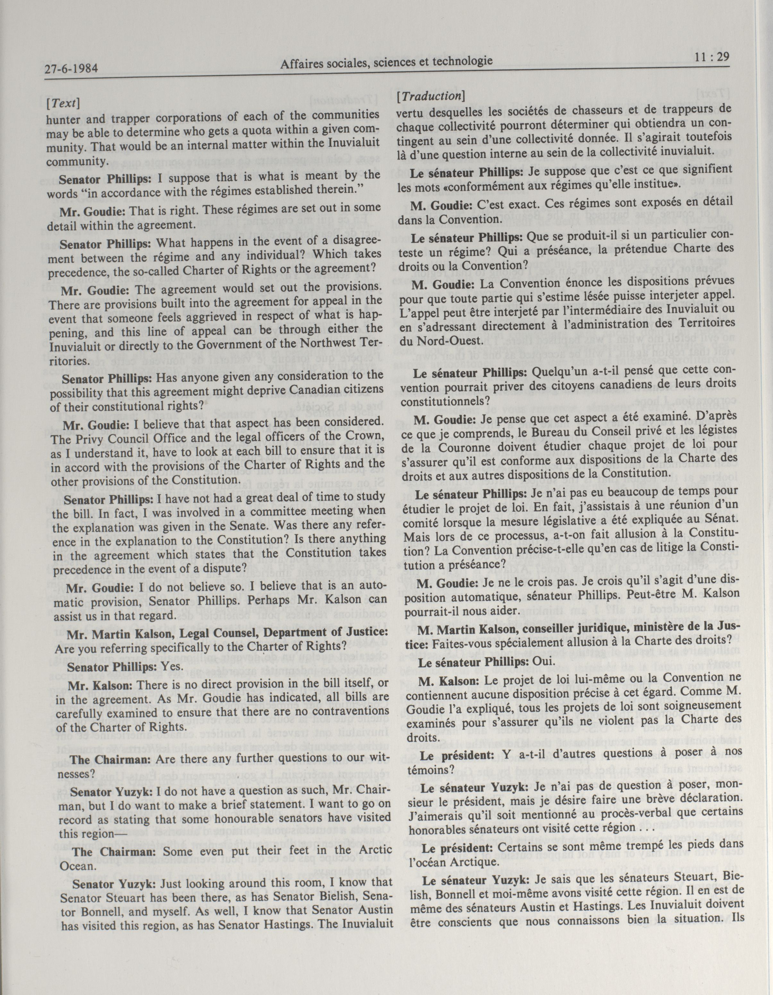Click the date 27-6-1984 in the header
[x=72, y=69]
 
